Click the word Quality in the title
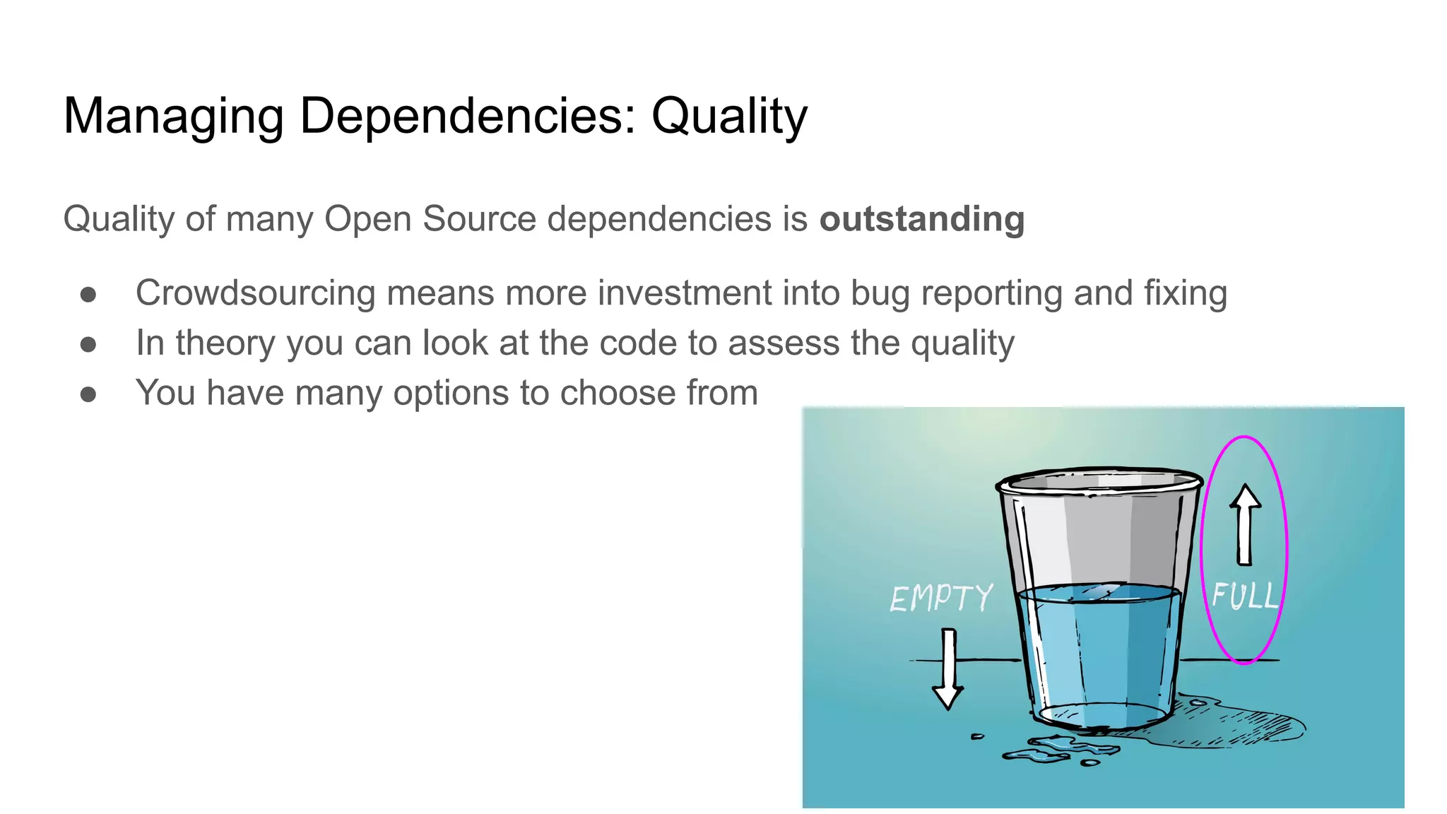[728, 117]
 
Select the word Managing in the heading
[173, 117]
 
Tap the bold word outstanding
[921, 219]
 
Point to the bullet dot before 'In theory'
[88, 344]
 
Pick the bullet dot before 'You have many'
[88, 394]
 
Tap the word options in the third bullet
[451, 394]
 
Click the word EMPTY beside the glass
[941, 598]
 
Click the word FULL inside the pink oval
[1245, 596]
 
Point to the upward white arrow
[1245, 524]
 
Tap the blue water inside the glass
[1099, 650]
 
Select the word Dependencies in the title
[468, 117]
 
